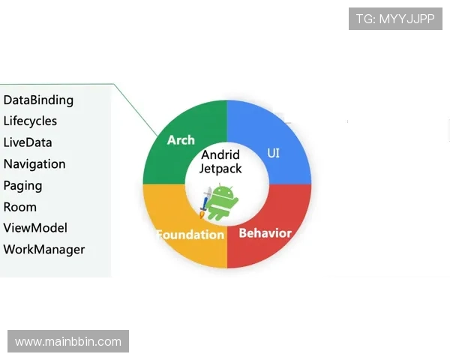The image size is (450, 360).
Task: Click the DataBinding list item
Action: tap(38, 100)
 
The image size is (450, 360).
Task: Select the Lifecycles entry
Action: tap(30, 121)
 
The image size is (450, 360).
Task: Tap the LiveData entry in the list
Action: tap(28, 142)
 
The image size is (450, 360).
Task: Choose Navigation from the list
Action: tap(34, 164)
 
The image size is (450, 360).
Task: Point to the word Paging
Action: tap(22, 185)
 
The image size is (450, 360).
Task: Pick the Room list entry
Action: tap(20, 207)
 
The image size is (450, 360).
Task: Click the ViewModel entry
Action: tap(35, 228)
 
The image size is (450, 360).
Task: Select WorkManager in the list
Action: tap(44, 250)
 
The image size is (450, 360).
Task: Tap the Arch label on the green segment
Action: tap(181, 140)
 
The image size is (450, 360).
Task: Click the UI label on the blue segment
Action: tap(274, 153)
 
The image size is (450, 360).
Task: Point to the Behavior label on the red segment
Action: tap(265, 233)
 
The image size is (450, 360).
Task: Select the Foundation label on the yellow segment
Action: tap(190, 235)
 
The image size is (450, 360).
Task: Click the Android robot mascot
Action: tap(223, 201)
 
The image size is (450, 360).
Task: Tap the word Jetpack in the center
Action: tap(220, 169)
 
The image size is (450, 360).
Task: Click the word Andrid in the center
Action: tap(220, 155)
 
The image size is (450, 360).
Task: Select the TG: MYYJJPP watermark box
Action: tap(396, 19)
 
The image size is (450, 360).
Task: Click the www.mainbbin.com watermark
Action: tap(68, 342)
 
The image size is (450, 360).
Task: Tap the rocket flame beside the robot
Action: tap(203, 214)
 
